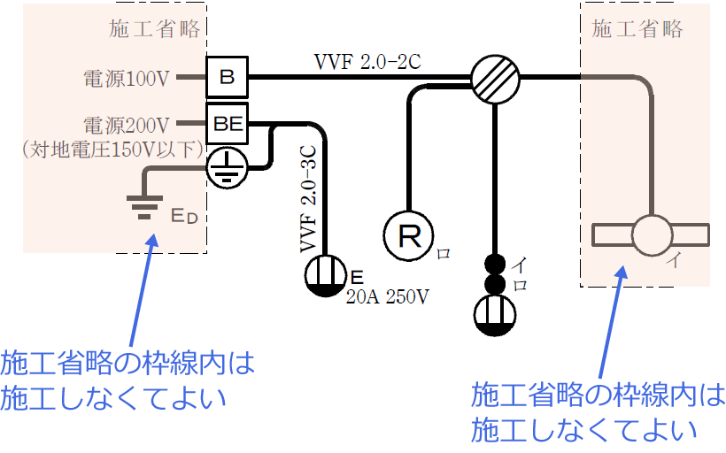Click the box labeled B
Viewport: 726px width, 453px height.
point(228,77)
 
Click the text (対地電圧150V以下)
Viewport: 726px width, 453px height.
point(104,150)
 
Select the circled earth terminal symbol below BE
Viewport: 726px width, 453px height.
point(228,167)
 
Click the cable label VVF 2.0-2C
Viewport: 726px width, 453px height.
point(367,63)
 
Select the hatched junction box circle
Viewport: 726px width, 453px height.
point(493,77)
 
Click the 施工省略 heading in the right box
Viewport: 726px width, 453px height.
point(637,28)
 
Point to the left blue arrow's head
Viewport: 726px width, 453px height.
point(156,239)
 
